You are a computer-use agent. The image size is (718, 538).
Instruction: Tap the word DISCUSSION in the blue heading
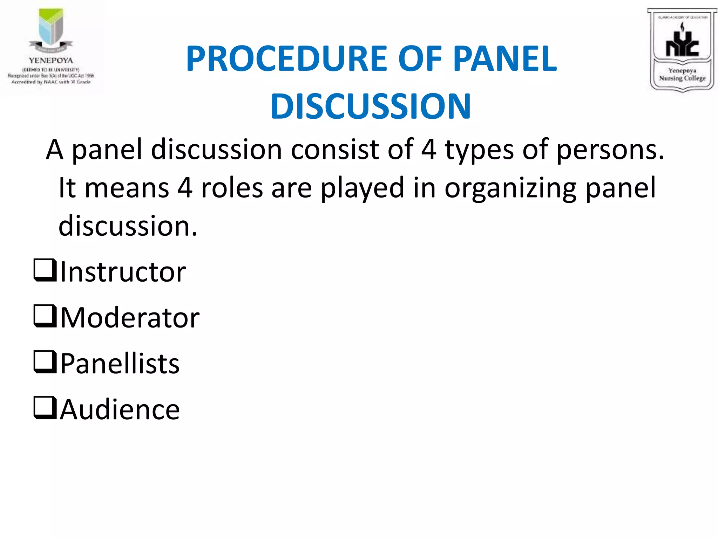[x=371, y=106]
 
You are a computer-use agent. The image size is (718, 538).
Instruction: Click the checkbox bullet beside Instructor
[x=45, y=270]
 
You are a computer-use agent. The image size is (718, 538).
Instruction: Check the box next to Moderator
[x=45, y=316]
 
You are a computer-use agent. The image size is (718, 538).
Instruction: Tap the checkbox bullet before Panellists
[x=45, y=362]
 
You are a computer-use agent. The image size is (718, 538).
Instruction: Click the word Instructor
[x=123, y=272]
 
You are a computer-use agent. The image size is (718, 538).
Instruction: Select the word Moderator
[x=130, y=318]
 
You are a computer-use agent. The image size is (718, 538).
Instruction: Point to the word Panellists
[x=120, y=364]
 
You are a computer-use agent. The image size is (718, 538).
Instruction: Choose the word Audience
[x=120, y=410]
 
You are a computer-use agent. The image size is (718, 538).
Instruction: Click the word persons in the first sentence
[x=610, y=150]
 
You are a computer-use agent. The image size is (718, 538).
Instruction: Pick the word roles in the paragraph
[x=232, y=188]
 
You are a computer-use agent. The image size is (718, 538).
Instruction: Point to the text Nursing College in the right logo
[x=682, y=78]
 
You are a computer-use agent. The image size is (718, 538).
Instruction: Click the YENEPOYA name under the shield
[x=51, y=61]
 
